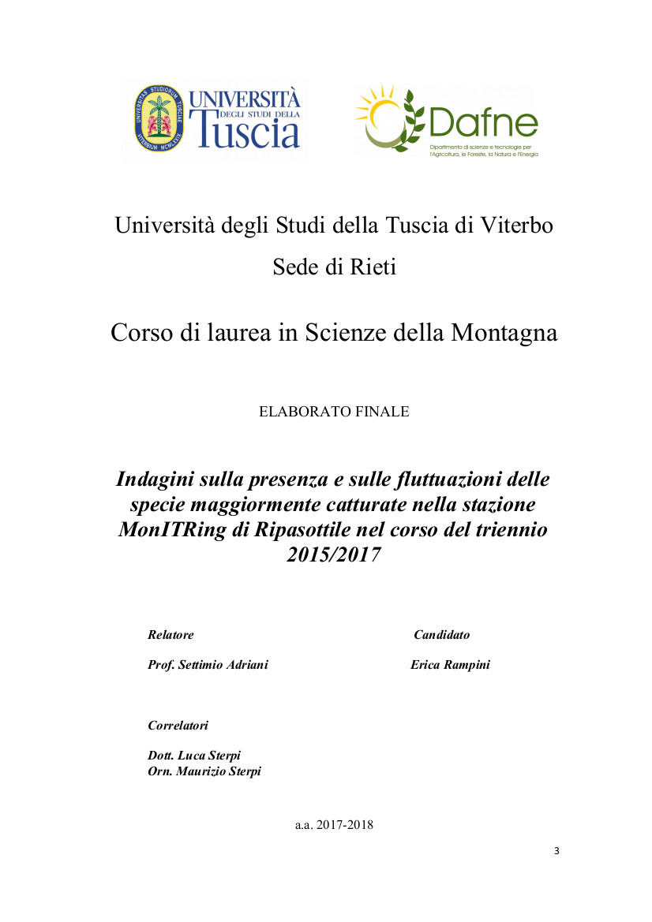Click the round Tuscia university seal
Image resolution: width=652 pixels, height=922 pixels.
(158, 121)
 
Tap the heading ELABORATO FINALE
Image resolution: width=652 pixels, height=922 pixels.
(334, 412)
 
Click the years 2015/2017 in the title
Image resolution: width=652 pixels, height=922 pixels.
(333, 554)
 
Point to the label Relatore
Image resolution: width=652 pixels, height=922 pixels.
(170, 635)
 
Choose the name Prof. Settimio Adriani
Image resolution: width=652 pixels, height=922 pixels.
(208, 665)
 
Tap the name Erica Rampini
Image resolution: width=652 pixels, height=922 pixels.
(450, 665)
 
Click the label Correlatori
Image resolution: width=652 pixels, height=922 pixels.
(178, 725)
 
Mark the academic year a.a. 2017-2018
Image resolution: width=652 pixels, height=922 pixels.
(334, 826)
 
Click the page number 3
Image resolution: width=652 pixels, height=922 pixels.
(556, 851)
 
